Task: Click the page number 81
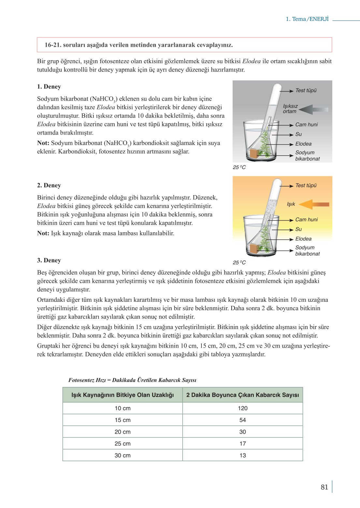(324, 487)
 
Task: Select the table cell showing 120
(242, 408)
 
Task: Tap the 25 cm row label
(122, 443)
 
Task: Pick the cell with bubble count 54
(242, 420)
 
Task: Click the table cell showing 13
(242, 455)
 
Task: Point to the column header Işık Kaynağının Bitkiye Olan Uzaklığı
(122, 395)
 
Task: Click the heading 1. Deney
(49, 87)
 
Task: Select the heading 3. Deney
(49, 260)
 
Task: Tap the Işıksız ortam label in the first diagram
(290, 109)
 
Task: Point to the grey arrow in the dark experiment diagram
(313, 109)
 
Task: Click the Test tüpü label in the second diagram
(306, 185)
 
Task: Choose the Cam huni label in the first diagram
(306, 124)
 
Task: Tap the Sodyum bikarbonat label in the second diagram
(307, 251)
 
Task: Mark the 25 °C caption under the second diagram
(239, 263)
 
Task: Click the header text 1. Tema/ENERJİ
(307, 19)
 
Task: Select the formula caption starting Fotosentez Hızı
(132, 380)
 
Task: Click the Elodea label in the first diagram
(303, 144)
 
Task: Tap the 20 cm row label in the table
(122, 432)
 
